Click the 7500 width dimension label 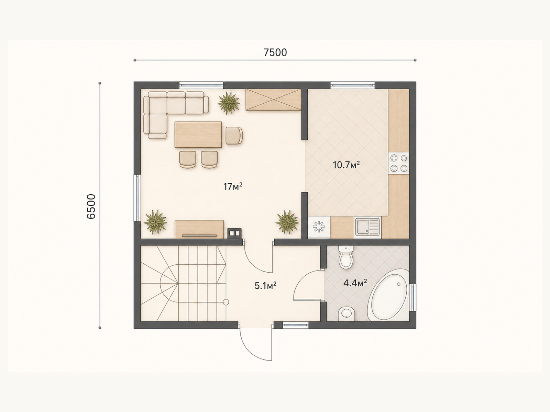click(275, 53)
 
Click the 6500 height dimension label click(91, 206)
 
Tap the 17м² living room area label click(233, 186)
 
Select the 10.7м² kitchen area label click(346, 165)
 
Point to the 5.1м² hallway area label click(266, 285)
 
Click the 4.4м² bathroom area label click(355, 283)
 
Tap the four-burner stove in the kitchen click(399, 163)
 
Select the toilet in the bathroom click(346, 257)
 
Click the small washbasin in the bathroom click(346, 314)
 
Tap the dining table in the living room click(198, 135)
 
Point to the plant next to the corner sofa click(229, 103)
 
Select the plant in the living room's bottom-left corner click(155, 222)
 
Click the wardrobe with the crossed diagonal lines click(273, 100)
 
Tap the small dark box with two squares click(234, 233)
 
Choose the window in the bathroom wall click(413, 297)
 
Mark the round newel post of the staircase click(226, 302)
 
